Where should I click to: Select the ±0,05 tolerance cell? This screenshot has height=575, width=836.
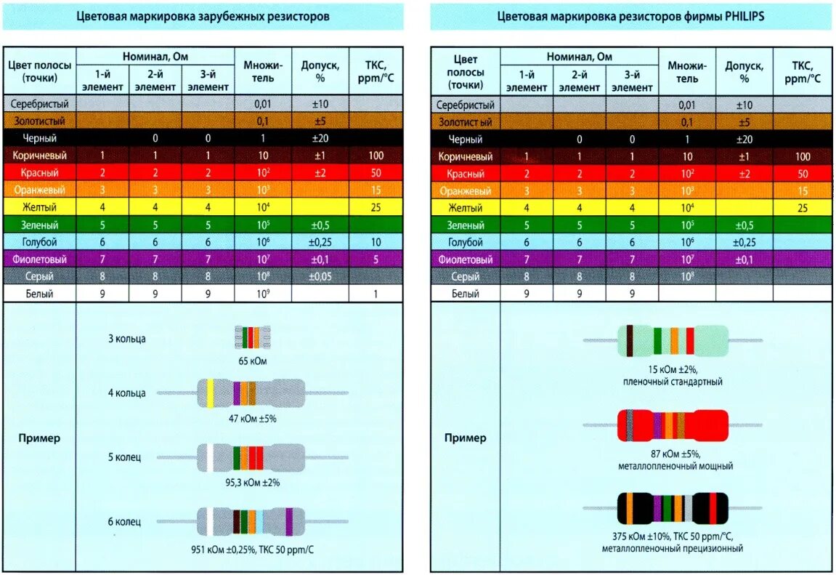click(x=320, y=277)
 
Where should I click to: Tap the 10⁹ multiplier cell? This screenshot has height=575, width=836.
click(x=263, y=294)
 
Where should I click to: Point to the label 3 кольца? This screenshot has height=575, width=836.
click(x=127, y=339)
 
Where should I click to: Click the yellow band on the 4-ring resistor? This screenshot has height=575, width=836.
click(x=211, y=393)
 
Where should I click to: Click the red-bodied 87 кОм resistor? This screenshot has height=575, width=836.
click(x=672, y=425)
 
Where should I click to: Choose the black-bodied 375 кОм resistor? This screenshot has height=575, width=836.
click(x=672, y=507)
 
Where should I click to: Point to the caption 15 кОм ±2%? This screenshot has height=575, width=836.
click(x=672, y=369)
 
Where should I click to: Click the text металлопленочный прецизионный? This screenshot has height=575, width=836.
click(x=672, y=549)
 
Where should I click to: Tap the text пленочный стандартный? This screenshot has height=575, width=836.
click(x=672, y=382)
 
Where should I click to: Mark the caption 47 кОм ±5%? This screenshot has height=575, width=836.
click(x=252, y=419)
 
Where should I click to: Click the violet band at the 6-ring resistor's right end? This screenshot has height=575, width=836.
click(x=289, y=522)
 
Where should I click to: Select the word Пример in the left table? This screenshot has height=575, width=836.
click(x=39, y=438)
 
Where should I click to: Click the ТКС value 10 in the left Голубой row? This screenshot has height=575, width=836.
click(x=375, y=242)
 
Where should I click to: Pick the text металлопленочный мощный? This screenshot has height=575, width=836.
click(x=672, y=466)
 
